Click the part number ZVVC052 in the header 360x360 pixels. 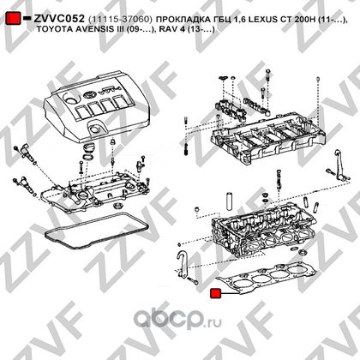59,19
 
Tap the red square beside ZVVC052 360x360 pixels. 13,18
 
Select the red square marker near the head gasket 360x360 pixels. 215,293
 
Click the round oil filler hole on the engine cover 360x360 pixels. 70,100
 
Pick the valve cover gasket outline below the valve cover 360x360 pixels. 97,231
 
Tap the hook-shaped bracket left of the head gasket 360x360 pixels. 182,264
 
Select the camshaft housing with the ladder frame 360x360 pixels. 268,140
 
